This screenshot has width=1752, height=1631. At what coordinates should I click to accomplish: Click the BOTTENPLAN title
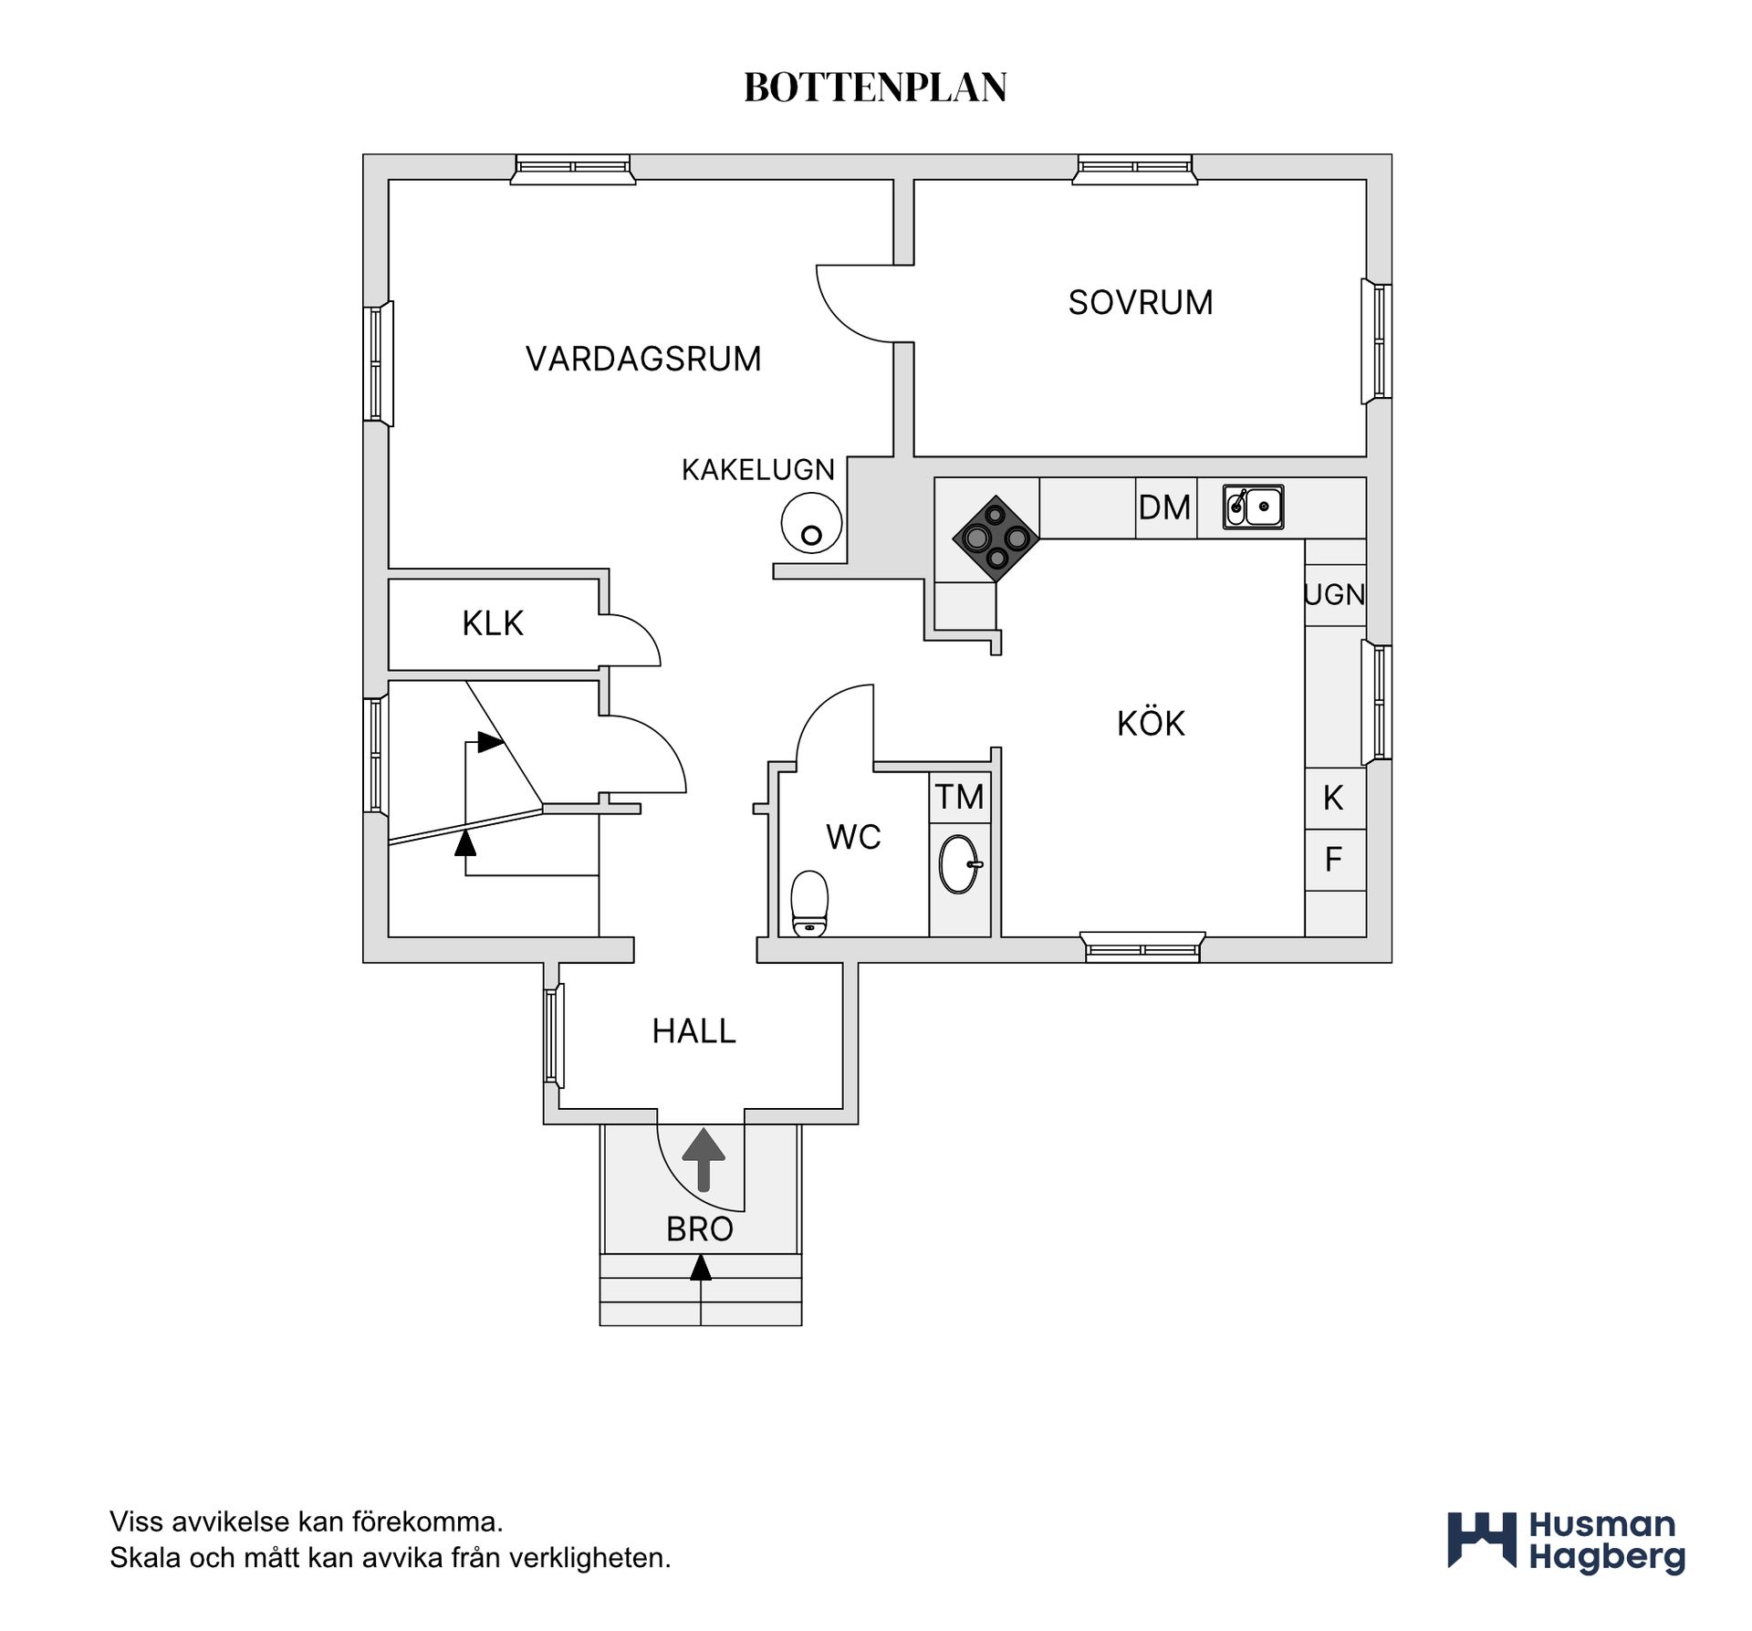click(x=875, y=88)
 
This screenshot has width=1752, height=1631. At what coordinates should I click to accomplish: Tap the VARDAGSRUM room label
click(x=643, y=359)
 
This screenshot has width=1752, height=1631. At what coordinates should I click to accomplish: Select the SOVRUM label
click(x=1141, y=302)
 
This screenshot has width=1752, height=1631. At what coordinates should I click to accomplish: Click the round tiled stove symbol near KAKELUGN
click(x=811, y=522)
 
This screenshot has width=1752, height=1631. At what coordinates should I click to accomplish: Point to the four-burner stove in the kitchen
click(x=996, y=538)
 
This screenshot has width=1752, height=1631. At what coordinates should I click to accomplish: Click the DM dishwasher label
click(x=1164, y=507)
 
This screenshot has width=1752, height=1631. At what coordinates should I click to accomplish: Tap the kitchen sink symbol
click(x=1253, y=507)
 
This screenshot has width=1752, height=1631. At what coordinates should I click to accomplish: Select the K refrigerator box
click(x=1335, y=799)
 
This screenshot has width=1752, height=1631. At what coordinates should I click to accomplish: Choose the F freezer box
click(x=1335, y=860)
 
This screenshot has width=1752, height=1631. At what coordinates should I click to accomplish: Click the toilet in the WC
click(x=809, y=904)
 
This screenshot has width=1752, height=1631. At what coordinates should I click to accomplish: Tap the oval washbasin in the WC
click(x=960, y=863)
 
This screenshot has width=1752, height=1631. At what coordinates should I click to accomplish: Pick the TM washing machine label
click(x=959, y=797)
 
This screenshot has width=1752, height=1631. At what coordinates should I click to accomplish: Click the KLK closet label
click(x=493, y=623)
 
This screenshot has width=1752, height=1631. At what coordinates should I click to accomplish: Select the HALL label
click(x=693, y=1031)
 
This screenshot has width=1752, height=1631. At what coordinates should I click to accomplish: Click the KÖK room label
click(x=1151, y=724)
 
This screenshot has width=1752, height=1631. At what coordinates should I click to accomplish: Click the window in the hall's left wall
click(x=553, y=1037)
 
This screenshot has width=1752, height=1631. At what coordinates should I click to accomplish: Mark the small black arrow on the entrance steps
click(x=700, y=1268)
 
